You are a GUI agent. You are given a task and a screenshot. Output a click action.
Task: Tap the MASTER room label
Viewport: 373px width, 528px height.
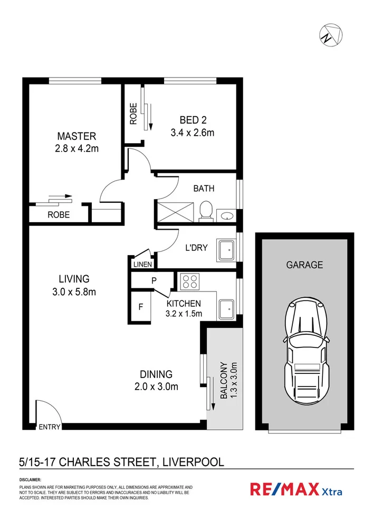click(76, 136)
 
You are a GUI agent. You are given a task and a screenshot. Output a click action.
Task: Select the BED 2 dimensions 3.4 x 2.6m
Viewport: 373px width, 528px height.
click(192, 133)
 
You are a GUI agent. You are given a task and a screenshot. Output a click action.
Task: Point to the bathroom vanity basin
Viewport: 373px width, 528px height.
click(227, 215)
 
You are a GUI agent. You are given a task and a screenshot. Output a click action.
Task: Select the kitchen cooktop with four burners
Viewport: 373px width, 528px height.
click(188, 281)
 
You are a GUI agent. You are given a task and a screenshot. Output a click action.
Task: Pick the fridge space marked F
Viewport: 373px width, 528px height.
click(141, 306)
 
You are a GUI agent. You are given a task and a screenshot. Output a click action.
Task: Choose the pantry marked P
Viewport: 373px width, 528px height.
click(154, 281)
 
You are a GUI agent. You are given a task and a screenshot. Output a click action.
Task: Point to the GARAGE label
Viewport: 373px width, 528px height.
click(304, 265)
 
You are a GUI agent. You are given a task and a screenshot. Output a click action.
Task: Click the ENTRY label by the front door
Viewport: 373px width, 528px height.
click(50, 427)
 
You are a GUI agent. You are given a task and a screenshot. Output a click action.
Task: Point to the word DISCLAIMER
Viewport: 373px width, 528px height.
click(30, 479)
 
